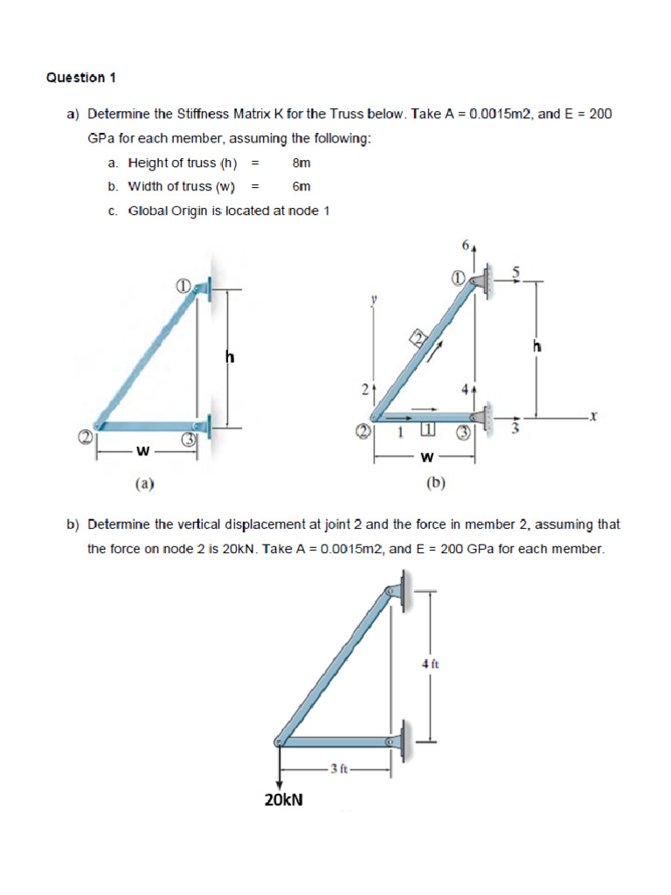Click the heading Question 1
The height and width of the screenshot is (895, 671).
(x=80, y=78)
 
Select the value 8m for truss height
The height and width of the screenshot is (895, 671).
(x=301, y=163)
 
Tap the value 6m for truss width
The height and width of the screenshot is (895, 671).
(x=301, y=186)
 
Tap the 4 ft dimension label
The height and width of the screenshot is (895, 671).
(x=429, y=664)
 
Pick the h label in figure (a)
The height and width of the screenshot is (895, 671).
(x=231, y=357)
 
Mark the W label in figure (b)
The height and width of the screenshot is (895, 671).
(x=426, y=456)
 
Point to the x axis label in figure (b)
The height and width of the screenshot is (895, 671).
(x=592, y=419)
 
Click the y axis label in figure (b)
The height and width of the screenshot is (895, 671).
(x=373, y=300)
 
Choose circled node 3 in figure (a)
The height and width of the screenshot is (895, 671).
(x=187, y=441)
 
